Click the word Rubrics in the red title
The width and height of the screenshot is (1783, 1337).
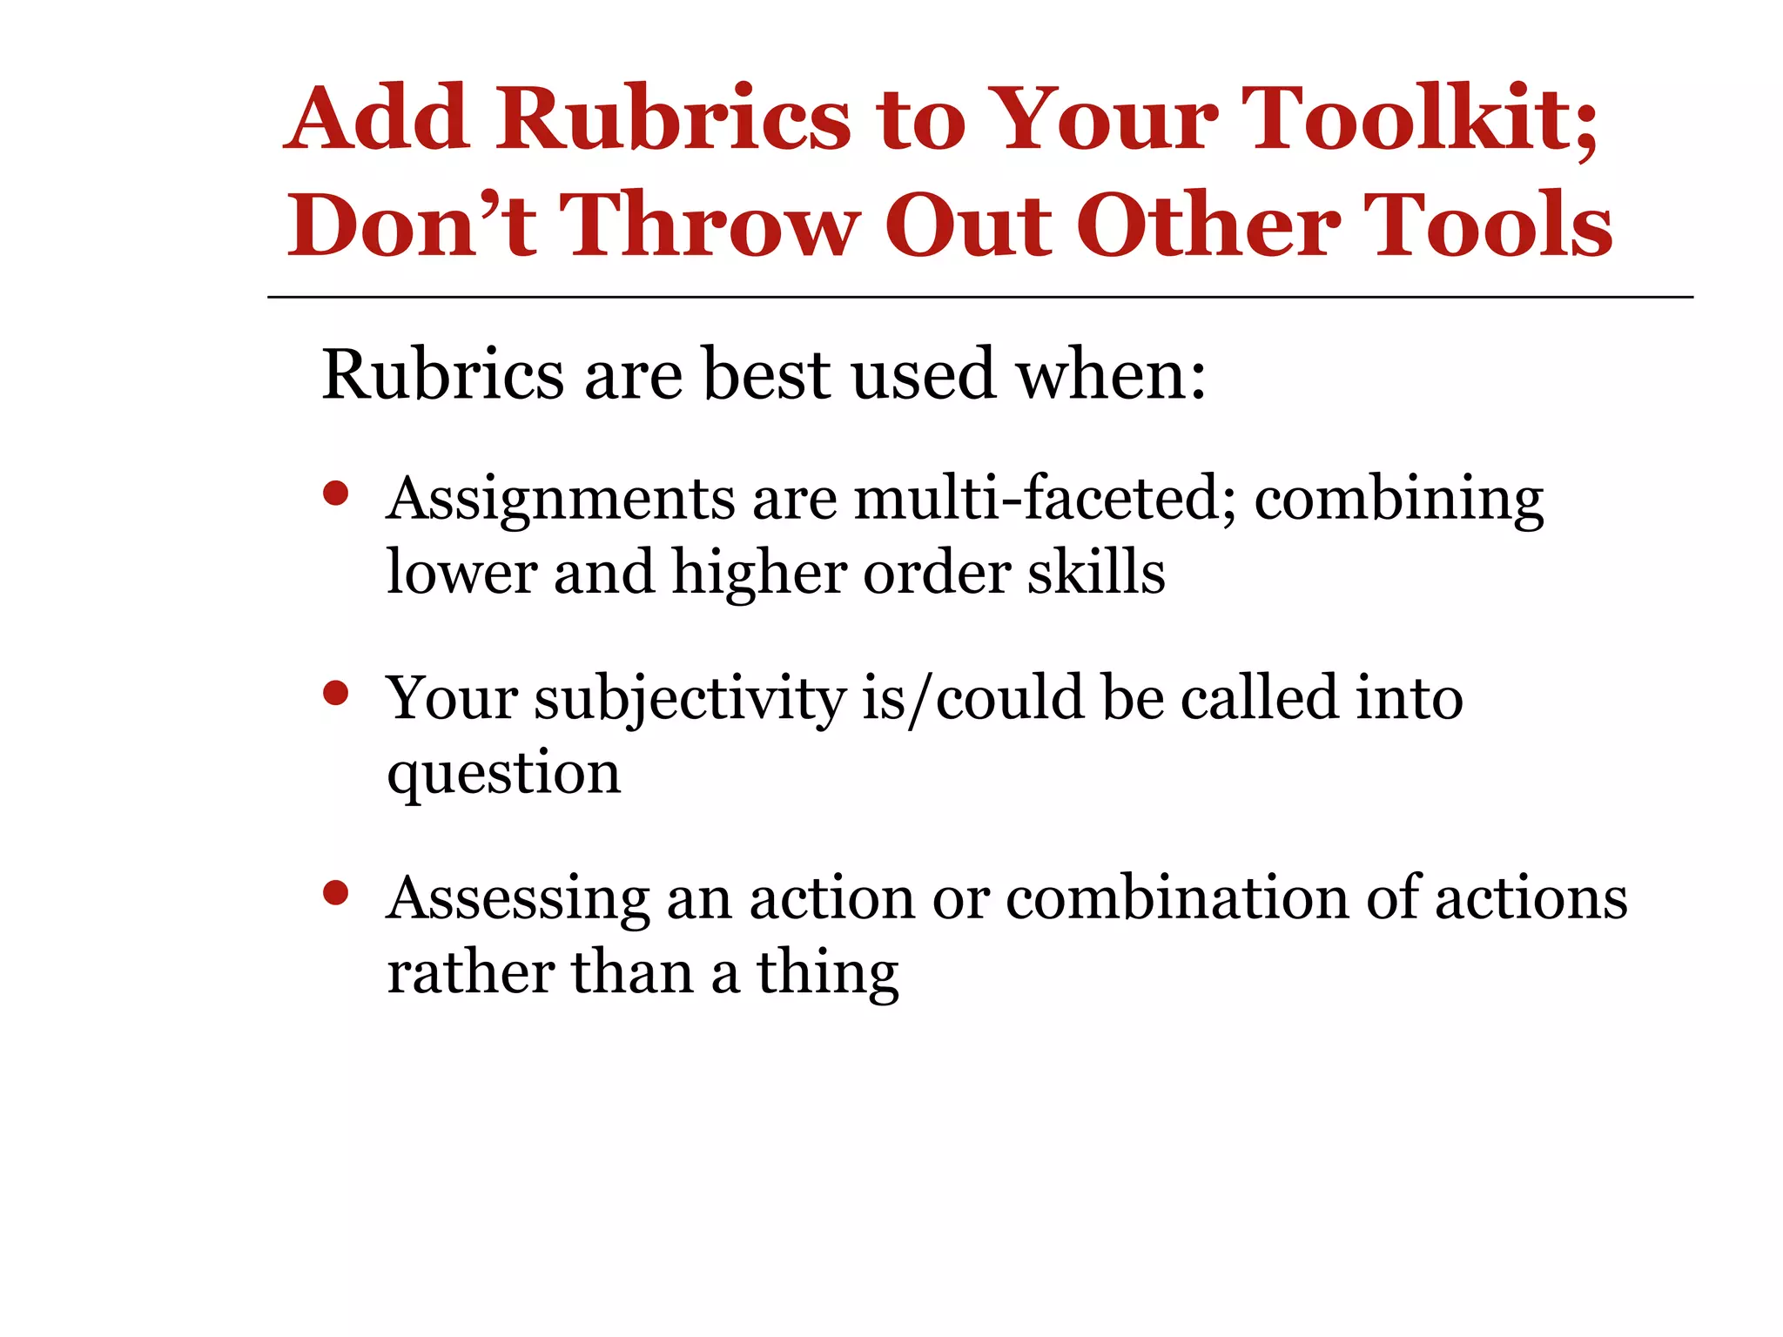click(x=673, y=119)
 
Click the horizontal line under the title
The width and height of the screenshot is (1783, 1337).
click(x=979, y=298)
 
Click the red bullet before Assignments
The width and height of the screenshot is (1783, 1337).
click(x=335, y=494)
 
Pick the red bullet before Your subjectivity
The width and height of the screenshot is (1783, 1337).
click(x=335, y=694)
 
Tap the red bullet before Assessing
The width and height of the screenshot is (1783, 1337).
click(x=335, y=893)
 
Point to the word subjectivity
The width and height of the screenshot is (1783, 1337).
click(x=690, y=701)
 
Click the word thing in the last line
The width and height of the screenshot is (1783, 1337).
click(x=827, y=974)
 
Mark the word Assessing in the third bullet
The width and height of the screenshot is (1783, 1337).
click(x=518, y=900)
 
